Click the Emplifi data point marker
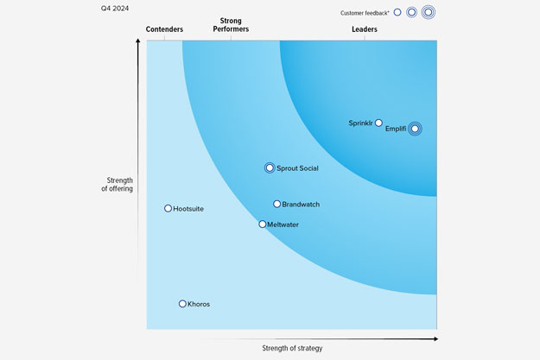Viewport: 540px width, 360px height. (x=416, y=129)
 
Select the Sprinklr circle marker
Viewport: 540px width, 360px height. (x=378, y=123)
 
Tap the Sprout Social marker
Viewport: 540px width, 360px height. (x=270, y=167)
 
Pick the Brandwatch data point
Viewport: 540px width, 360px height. (x=276, y=205)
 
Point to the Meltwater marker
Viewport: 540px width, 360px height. (x=263, y=224)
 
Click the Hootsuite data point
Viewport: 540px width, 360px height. (x=168, y=209)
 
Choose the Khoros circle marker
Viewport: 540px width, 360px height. (x=182, y=304)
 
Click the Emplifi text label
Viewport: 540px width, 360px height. (x=397, y=129)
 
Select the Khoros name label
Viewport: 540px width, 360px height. (x=199, y=304)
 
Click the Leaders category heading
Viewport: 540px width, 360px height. (x=364, y=29)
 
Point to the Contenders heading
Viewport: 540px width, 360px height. (x=164, y=29)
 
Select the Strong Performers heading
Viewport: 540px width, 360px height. (x=231, y=25)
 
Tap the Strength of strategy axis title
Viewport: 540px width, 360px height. (x=292, y=348)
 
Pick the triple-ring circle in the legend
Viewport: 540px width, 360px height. (x=428, y=12)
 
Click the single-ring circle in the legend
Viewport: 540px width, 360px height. (x=397, y=12)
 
